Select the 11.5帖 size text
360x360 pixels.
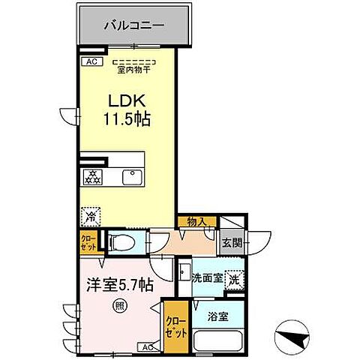click(x=125, y=120)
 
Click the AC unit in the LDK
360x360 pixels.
click(x=91, y=62)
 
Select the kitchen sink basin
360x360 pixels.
click(x=134, y=177)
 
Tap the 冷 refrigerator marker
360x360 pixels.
click(x=91, y=214)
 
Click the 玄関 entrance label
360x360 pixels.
click(x=232, y=242)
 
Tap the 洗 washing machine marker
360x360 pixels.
click(x=235, y=277)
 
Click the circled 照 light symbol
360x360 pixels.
click(x=119, y=305)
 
